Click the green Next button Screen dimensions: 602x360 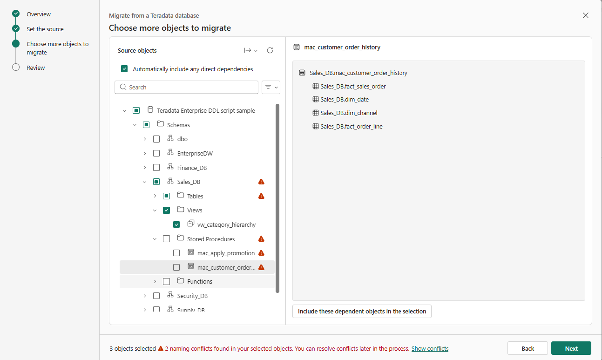click(571, 348)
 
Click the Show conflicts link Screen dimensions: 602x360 click(430, 348)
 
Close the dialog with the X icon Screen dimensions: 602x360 click(586, 15)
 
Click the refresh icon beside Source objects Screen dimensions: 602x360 click(270, 50)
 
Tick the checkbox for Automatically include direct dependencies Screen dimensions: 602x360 click(124, 69)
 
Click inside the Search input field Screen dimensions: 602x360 click(186, 87)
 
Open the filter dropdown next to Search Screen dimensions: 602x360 click(271, 87)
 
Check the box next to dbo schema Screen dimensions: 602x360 click(156, 139)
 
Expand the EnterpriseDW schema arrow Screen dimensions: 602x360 click(145, 153)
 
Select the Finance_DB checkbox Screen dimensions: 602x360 click(156, 168)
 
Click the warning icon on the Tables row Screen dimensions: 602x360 click(261, 196)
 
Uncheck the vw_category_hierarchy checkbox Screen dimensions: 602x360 click(176, 224)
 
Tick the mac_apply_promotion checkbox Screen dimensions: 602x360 click(176, 253)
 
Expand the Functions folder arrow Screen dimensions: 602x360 click(155, 281)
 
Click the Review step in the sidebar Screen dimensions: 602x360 click(35, 68)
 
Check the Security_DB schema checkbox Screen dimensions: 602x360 click(156, 296)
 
